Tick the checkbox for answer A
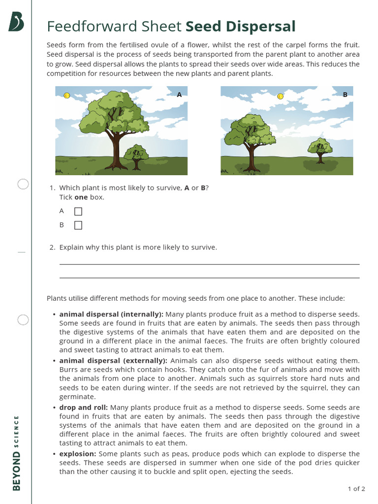tap(78, 212)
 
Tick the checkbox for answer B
tap(78, 225)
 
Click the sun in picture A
tap(67, 95)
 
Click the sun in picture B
tap(280, 96)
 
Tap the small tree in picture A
tap(136, 156)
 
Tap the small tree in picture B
tap(320, 149)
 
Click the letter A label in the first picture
tap(179, 94)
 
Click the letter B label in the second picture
tap(345, 94)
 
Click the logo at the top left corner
tap(16, 22)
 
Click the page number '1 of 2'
tap(356, 489)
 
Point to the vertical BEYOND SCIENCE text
tap(17, 453)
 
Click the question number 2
tap(52, 247)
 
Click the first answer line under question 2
tap(209, 264)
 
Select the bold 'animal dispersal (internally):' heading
tap(111, 314)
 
